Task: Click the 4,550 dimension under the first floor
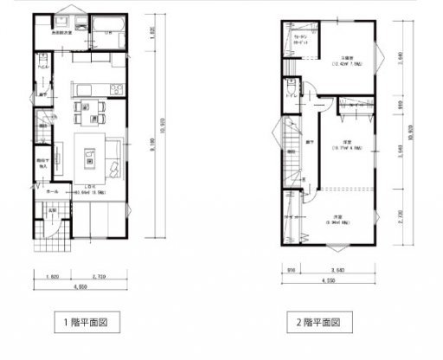click(79, 285)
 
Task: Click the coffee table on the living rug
click(88, 157)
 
